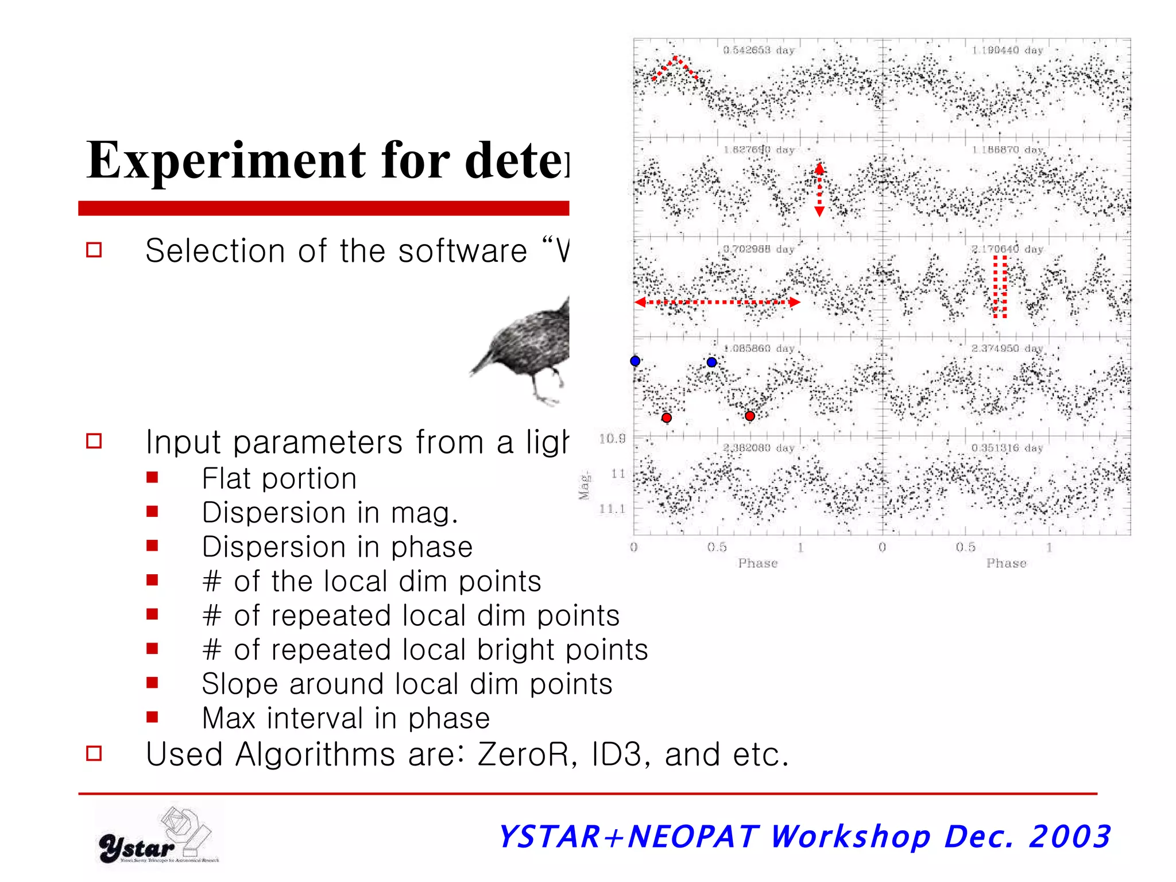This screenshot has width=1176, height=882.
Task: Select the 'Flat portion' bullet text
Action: tap(279, 478)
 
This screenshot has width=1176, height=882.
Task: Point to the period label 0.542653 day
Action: tap(759, 51)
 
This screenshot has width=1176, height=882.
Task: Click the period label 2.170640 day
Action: tap(1007, 249)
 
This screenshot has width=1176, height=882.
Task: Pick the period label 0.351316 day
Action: tap(1007, 448)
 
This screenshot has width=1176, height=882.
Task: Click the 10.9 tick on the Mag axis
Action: tap(612, 439)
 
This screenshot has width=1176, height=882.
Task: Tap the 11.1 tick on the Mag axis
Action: tap(612, 509)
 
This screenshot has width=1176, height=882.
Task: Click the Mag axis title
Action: tap(584, 486)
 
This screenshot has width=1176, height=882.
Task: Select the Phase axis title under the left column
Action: tap(758, 563)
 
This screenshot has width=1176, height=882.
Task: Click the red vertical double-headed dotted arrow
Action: tap(819, 189)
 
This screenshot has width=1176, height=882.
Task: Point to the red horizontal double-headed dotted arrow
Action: tap(717, 302)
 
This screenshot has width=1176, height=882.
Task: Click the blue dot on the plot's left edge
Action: tap(635, 361)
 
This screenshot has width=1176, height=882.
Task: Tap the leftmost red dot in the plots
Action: tap(666, 417)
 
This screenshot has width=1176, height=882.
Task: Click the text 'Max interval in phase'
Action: tap(346, 718)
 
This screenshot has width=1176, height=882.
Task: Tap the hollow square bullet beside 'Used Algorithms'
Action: tap(94, 753)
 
